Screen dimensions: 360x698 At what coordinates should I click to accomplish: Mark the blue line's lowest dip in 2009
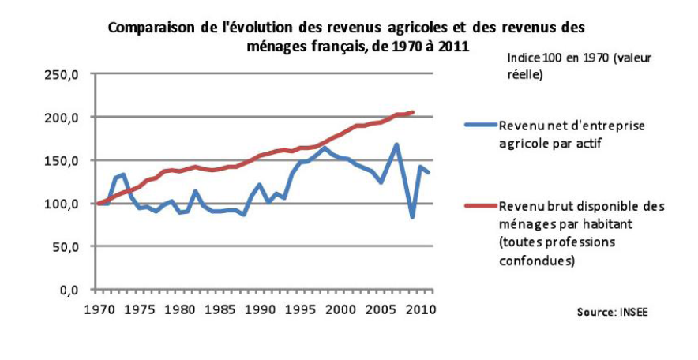click(x=412, y=216)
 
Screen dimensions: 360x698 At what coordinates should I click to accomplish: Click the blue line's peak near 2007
click(x=396, y=144)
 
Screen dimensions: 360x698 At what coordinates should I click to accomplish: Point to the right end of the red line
click(x=413, y=112)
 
